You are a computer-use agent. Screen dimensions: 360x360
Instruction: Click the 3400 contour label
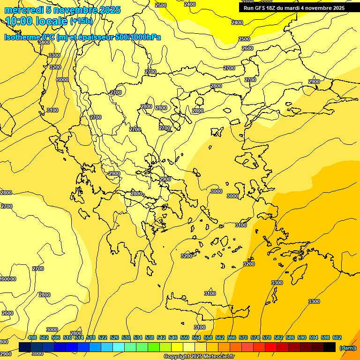pos(44,43)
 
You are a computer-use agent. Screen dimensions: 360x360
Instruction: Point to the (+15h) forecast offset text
pos(81,22)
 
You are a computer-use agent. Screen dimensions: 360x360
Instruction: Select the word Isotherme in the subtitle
pos(22,37)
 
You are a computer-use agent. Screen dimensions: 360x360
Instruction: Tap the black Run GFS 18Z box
pos(294,7)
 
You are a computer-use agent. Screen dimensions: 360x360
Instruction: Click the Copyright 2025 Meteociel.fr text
pos(199,357)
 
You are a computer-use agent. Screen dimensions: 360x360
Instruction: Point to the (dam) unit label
pos(347,348)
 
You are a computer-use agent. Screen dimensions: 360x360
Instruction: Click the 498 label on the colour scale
pos(32,337)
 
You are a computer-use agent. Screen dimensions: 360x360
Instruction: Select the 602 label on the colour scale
pos(337,337)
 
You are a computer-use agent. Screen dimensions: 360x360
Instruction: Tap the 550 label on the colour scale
pos(185,337)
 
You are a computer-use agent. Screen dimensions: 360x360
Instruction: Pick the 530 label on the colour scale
pos(126,337)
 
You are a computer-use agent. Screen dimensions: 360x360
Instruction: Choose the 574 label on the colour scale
pos(255,337)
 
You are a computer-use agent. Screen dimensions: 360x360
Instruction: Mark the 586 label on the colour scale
pos(290,337)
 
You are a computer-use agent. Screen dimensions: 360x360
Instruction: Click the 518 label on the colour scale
pos(91,337)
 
